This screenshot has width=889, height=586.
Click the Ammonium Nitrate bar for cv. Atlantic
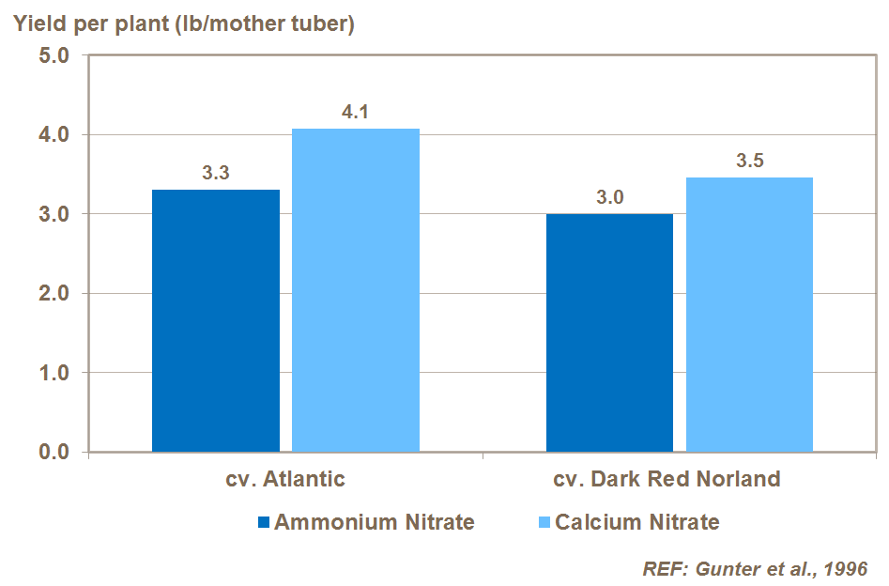216,320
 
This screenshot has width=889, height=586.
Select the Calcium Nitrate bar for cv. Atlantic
356,290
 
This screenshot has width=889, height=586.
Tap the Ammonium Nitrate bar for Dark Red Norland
610,332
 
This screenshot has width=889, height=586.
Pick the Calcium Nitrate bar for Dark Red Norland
749,315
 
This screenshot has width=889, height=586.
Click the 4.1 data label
355,113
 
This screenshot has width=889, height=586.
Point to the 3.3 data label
216,173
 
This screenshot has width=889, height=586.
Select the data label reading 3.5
749,161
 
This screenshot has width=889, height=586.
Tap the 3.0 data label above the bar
610,197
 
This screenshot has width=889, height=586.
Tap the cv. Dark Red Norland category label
667,479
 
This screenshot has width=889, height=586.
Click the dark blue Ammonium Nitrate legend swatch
264,522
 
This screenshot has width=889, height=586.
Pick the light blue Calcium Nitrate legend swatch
544,522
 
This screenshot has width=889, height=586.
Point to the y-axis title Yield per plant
182,24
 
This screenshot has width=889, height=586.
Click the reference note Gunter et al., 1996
755,568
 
